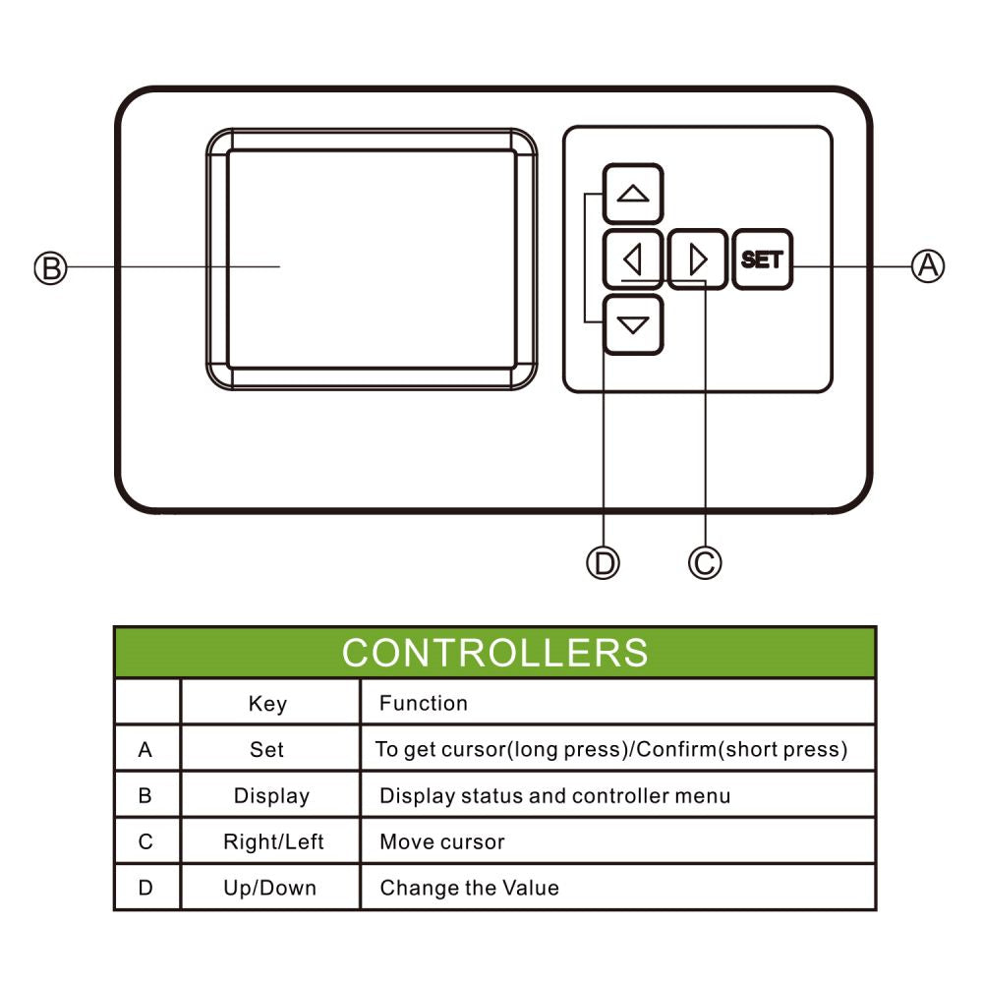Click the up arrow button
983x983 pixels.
point(632,194)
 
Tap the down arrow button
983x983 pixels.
point(632,324)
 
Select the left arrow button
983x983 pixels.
point(632,260)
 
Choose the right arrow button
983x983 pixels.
point(698,260)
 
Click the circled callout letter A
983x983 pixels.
point(928,264)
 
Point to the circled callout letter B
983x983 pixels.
point(50,267)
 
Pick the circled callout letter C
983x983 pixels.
point(705,562)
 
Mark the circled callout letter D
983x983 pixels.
point(603,562)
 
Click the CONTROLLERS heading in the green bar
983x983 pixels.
point(494,653)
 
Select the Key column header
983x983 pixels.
point(267,704)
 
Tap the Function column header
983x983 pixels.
point(424,703)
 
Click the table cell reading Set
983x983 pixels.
point(266,750)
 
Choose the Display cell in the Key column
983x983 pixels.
point(271,796)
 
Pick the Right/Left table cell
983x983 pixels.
point(273,842)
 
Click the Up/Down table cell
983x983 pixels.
point(269,889)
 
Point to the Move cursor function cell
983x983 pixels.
point(442,842)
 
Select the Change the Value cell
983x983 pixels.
point(469,889)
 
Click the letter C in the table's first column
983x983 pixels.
point(145,842)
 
